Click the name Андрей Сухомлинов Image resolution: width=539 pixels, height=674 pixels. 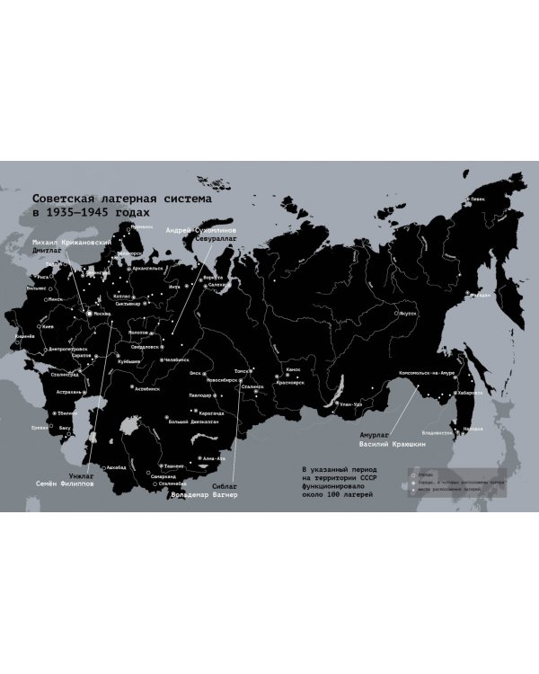click(x=202, y=231)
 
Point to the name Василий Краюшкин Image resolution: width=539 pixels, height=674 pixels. click(x=391, y=444)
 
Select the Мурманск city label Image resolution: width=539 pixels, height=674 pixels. click(x=142, y=226)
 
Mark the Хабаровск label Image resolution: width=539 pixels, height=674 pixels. click(x=470, y=393)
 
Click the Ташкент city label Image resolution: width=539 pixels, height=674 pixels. click(x=174, y=466)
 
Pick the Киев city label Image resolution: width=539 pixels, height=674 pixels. click(x=49, y=326)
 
